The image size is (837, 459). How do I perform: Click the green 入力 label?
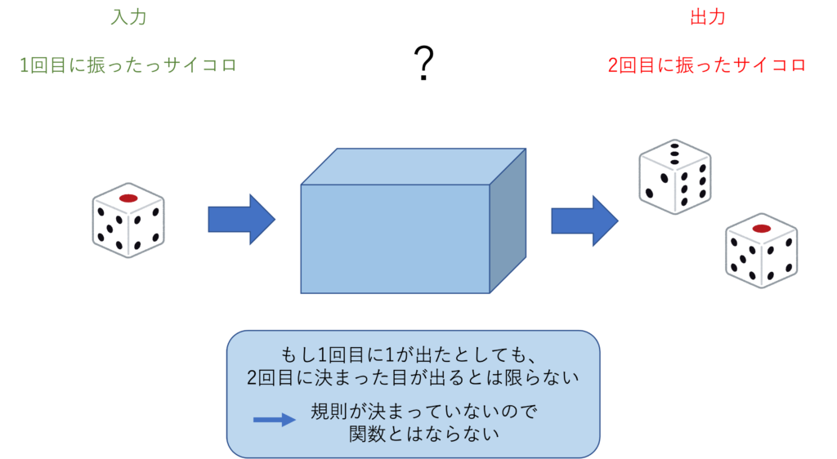(x=128, y=17)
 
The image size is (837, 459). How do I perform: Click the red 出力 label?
(x=708, y=17)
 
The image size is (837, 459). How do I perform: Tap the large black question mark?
(x=424, y=64)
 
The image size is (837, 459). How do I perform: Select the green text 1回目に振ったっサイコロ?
(x=128, y=65)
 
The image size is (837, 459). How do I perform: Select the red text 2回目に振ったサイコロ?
(x=707, y=65)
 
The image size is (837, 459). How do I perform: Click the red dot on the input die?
(x=128, y=198)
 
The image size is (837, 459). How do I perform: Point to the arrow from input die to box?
(x=241, y=220)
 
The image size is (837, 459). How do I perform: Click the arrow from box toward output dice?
(x=584, y=221)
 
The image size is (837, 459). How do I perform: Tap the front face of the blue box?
(x=395, y=238)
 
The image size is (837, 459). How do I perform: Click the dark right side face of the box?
(x=508, y=221)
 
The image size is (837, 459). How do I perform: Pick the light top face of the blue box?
(x=414, y=167)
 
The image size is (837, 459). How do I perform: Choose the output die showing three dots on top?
(x=674, y=177)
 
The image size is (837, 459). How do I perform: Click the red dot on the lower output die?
(x=761, y=229)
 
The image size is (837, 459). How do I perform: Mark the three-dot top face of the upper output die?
(x=674, y=154)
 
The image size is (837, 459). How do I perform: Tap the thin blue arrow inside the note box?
(x=275, y=420)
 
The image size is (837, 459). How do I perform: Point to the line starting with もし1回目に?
(x=409, y=354)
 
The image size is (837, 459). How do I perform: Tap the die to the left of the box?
(x=128, y=221)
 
